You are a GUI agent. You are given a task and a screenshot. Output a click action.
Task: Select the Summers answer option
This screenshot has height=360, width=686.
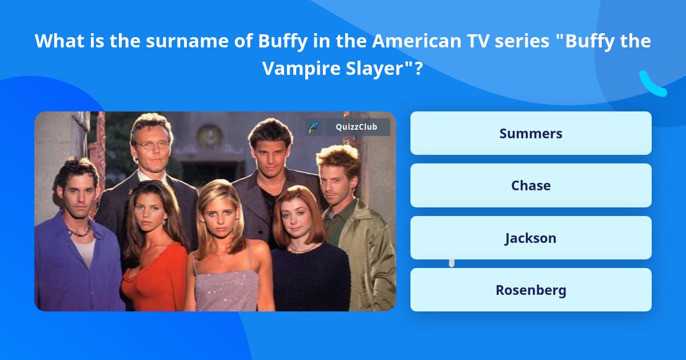coord(531,133)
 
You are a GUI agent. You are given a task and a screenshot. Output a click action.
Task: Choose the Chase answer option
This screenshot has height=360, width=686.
coord(531,186)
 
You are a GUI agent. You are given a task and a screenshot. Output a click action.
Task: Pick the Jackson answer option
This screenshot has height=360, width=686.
coord(531,238)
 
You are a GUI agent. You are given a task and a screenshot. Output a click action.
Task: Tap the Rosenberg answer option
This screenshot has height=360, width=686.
coord(531,290)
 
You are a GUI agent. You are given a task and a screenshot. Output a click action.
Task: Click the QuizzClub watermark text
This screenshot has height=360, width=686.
coord(357,127)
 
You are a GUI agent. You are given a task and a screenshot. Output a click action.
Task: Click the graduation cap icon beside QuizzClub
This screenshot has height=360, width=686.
coord(313,127)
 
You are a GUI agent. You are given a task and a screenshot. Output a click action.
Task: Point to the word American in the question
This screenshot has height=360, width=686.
coord(417,41)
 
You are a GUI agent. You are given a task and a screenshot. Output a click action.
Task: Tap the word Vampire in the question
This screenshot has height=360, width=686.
coord(301,68)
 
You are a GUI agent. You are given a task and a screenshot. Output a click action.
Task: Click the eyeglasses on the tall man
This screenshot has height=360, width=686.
coord(152,145)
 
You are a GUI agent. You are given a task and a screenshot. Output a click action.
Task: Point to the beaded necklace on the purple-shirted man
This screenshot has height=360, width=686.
coord(81,232)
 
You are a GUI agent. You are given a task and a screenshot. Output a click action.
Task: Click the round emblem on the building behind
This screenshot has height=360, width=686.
coord(209,135)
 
